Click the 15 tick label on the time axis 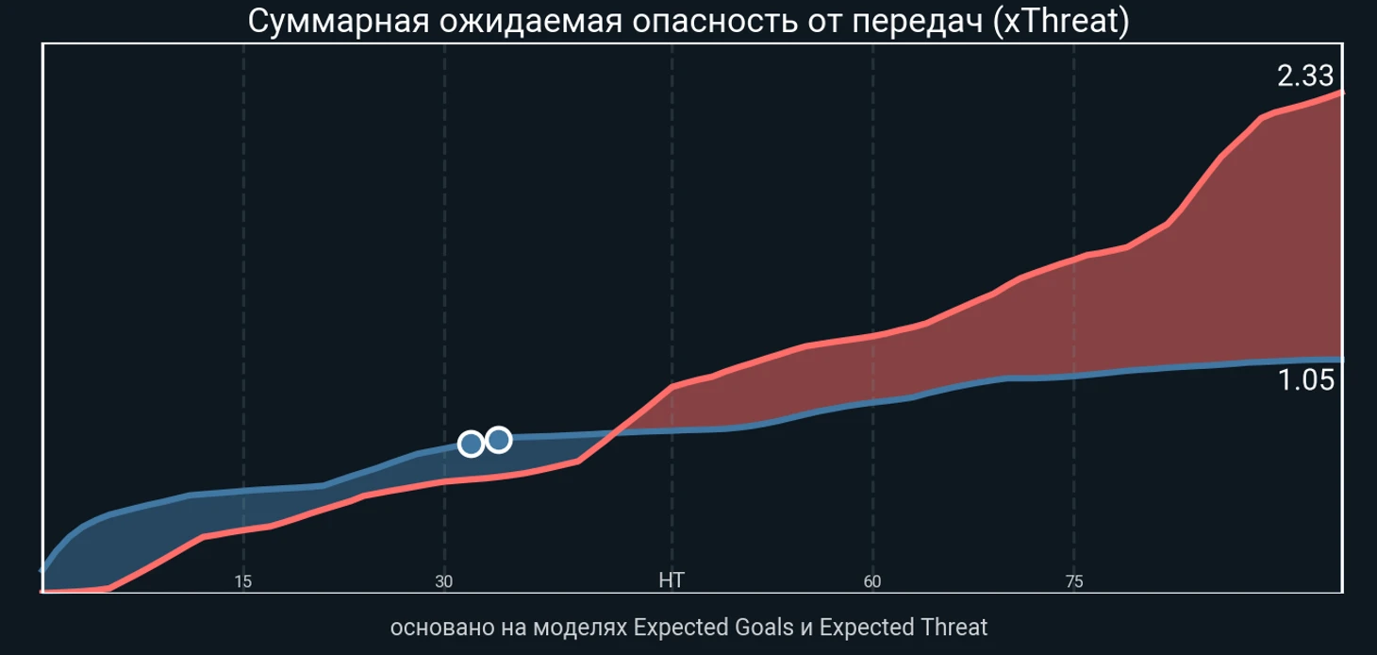point(242,581)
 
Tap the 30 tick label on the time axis point(444,581)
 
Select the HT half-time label point(672,579)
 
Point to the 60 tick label point(872,581)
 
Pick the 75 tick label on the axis point(1074,581)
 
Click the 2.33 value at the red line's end point(1305,76)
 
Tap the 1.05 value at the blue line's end point(1306,379)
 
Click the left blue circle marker point(471,444)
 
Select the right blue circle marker point(499,440)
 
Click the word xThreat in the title point(1061,21)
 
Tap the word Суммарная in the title point(338,22)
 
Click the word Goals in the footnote point(762,628)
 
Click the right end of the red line point(1342,92)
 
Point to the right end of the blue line point(1342,360)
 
